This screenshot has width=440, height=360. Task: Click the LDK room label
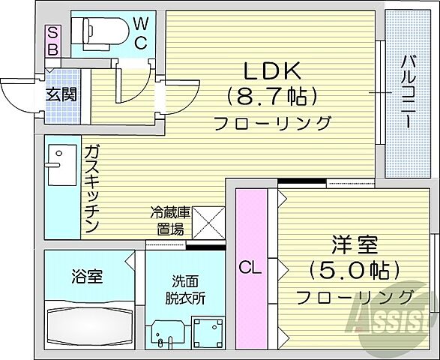pyautogui.click(x=271, y=70)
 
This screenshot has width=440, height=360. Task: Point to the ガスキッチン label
pyautogui.click(x=91, y=187)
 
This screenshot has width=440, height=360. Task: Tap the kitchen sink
pyautogui.click(x=58, y=160)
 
